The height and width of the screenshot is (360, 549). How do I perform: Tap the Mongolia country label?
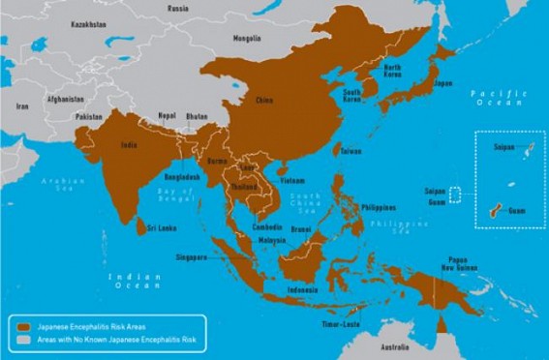[x=247, y=38]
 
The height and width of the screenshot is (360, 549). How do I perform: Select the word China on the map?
[x=263, y=101]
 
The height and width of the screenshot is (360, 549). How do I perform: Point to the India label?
[x=128, y=146]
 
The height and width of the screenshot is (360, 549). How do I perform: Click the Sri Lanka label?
[x=161, y=229]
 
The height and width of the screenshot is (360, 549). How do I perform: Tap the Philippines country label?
[x=378, y=207]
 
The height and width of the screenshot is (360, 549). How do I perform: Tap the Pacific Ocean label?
[x=498, y=98]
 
